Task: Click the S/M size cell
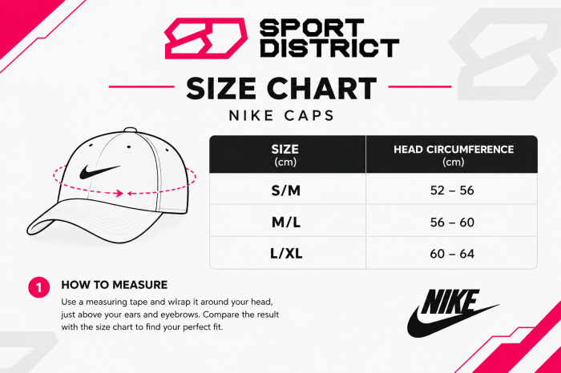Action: point(285,191)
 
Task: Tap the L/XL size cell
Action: point(286,254)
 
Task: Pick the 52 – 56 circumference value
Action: point(452,191)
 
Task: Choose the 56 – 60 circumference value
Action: point(452,223)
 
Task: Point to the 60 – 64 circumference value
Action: point(452,254)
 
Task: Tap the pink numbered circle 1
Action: point(39,287)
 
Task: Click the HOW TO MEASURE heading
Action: point(114,285)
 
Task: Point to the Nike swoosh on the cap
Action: point(99,171)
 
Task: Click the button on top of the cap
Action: point(131,130)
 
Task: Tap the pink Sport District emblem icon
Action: point(206,38)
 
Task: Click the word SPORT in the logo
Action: point(312,28)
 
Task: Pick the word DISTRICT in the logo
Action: point(329,48)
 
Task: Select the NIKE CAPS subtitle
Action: point(281,116)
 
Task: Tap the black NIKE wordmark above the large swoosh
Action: point(450,302)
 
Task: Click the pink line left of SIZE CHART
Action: point(141,86)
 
